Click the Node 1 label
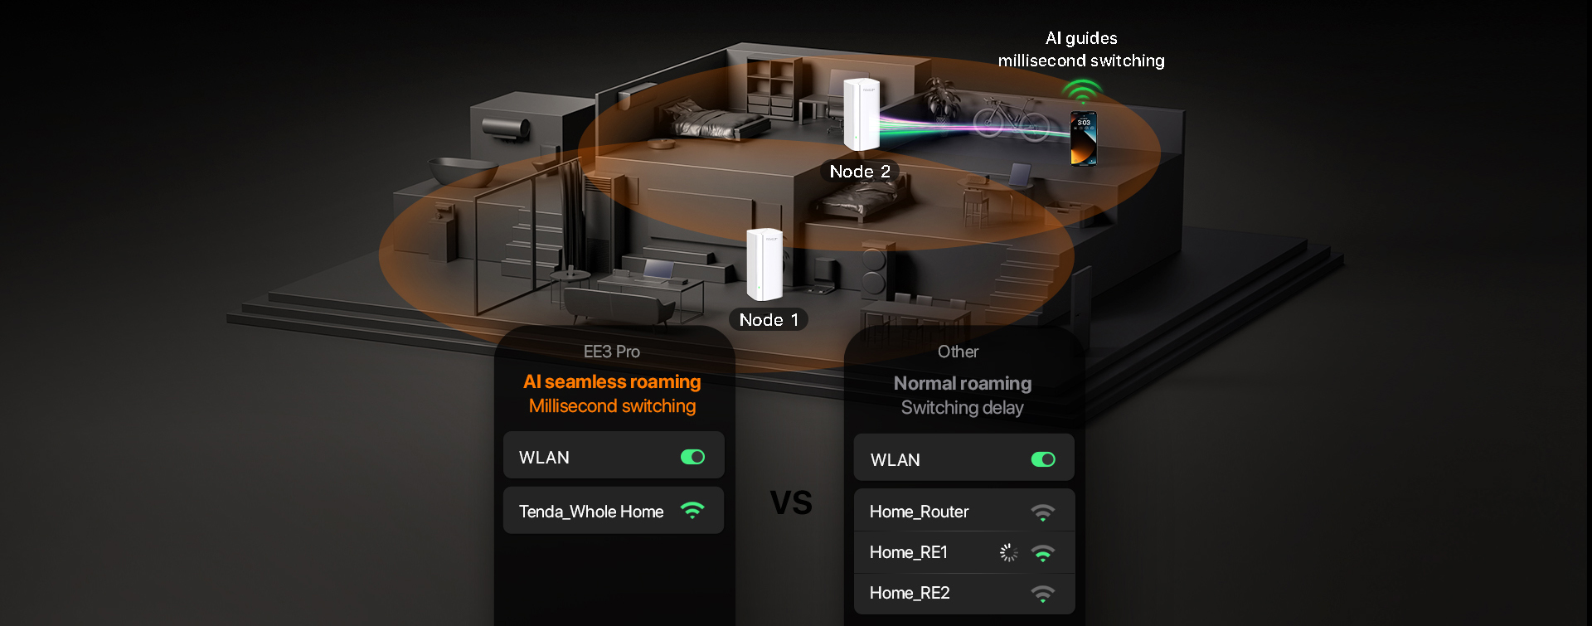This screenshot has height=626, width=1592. coord(769,320)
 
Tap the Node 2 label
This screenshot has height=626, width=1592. coord(860,172)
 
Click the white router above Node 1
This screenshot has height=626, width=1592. coord(764,264)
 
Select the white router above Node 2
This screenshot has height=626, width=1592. coord(861,114)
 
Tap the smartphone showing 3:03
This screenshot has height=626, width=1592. coord(1083,138)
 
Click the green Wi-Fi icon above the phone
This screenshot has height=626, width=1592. coord(1082,90)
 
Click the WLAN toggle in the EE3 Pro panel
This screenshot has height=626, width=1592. coord(692,457)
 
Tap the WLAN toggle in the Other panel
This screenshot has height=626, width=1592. coord(1043,459)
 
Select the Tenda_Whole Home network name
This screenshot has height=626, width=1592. coord(591,512)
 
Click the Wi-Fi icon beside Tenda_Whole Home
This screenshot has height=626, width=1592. coord(692,511)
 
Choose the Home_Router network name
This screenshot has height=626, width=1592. coord(919,512)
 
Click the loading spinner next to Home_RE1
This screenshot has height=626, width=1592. coord(1008,552)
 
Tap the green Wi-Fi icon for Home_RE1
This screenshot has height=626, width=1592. coord(1043,553)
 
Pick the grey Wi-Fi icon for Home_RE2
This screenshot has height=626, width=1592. coord(1043,594)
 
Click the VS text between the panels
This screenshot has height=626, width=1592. coord(791,502)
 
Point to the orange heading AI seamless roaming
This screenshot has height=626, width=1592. coord(612,381)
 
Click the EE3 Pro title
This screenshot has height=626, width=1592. coord(612,352)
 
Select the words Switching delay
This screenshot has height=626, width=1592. coord(962,408)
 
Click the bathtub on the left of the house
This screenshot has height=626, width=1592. coord(463,171)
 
